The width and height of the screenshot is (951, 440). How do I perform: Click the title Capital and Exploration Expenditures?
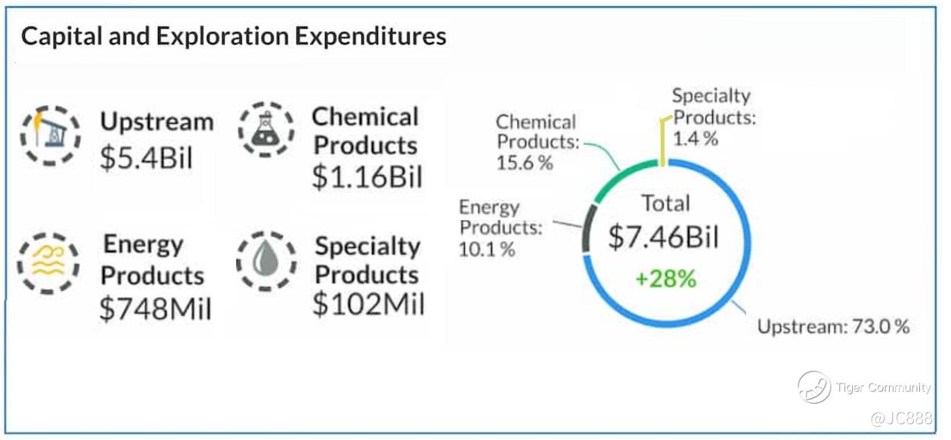(x=234, y=36)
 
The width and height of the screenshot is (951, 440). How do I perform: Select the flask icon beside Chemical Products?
(x=266, y=129)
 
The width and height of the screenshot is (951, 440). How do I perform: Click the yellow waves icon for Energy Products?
(x=48, y=263)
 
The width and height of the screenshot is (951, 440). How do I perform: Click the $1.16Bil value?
(x=367, y=176)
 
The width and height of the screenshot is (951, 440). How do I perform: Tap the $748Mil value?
(x=156, y=308)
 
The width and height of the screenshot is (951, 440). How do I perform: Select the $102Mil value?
(x=368, y=304)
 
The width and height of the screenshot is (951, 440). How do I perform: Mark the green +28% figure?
(x=664, y=278)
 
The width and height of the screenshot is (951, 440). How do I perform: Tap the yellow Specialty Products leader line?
(x=663, y=144)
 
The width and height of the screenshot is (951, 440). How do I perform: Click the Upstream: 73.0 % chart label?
(x=833, y=327)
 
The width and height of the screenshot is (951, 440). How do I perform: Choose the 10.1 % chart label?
(x=487, y=249)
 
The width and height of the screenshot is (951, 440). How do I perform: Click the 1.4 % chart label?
(x=695, y=138)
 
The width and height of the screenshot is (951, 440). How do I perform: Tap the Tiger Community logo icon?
(x=813, y=387)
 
